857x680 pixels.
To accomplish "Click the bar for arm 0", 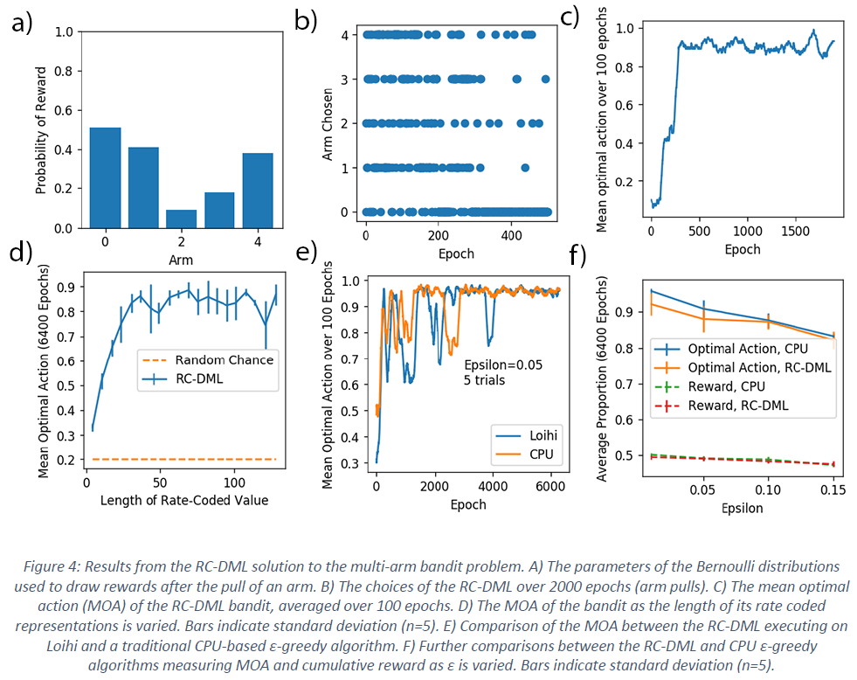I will [106, 177].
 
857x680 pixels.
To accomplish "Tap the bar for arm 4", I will [258, 191].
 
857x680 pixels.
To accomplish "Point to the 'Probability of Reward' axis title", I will [41, 128].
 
